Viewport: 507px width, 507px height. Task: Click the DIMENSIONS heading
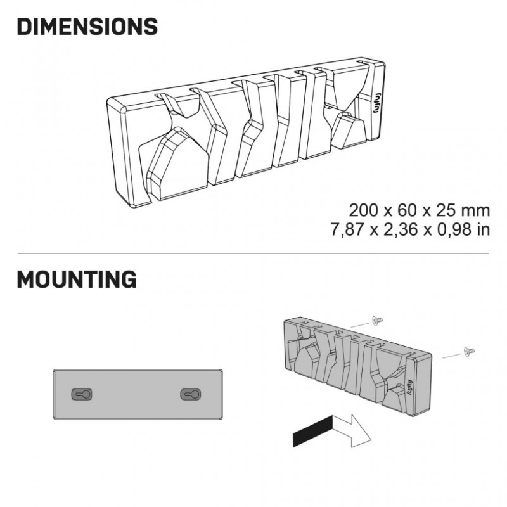click(87, 27)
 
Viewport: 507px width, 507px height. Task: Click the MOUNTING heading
click(77, 279)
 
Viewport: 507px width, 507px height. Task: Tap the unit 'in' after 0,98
click(484, 229)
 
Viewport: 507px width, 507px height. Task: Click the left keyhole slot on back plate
click(82, 394)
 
